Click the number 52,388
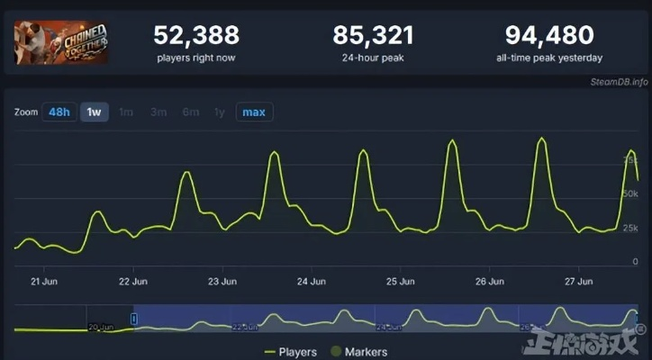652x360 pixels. coord(196,36)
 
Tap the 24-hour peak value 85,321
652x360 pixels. coord(374,36)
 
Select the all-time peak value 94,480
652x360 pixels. coord(549,36)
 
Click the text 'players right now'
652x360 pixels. coord(196,58)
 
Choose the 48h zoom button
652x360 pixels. coord(59,112)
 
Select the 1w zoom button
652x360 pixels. coord(93,112)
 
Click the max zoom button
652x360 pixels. coord(254,112)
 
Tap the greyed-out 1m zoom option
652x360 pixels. coord(126,112)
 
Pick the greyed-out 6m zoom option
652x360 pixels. coord(190,112)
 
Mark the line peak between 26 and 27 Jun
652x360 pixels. coord(541,139)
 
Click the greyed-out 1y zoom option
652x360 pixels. coord(219,112)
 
